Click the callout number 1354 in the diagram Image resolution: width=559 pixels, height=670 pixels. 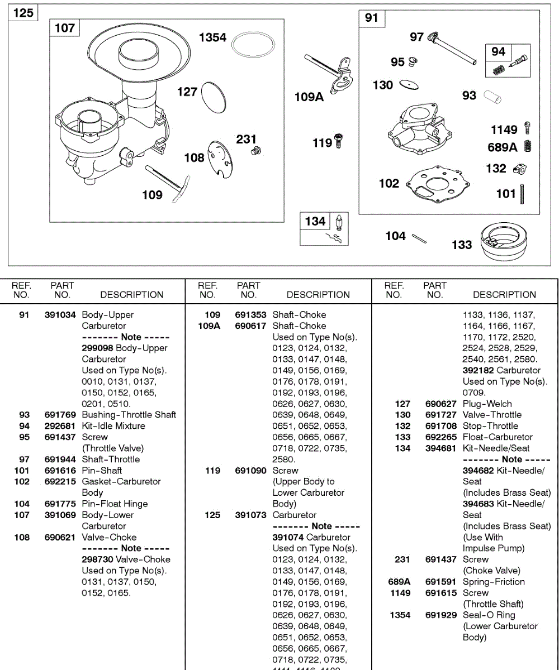(213, 37)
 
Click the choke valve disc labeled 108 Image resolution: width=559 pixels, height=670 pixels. (220, 159)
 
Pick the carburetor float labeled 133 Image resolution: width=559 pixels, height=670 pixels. (504, 242)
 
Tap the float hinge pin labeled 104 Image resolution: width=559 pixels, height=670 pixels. (420, 238)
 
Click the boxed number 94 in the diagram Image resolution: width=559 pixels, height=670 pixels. (499, 51)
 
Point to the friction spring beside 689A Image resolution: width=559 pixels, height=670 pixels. (527, 147)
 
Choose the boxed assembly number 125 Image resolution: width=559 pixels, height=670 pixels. (23, 12)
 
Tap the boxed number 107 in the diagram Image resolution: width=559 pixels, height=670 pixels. (65, 27)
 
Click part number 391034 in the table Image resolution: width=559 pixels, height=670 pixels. (60, 315)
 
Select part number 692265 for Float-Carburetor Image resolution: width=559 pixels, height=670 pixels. (440, 437)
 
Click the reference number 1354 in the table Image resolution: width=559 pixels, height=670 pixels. (400, 615)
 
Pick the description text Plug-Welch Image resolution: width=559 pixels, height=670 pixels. (487, 404)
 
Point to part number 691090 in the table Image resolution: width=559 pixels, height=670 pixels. (250, 471)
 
